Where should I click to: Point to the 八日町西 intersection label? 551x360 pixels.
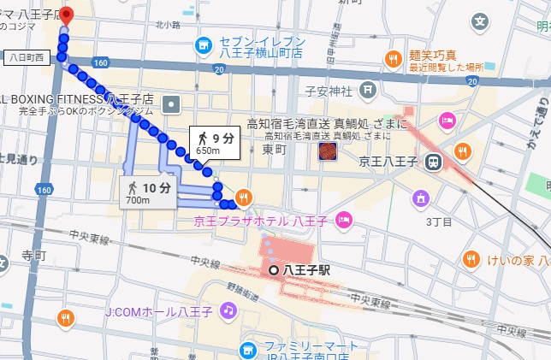click(x=28, y=57)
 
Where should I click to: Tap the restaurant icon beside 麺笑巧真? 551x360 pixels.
click(x=393, y=59)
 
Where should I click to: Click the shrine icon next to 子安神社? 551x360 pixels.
click(x=367, y=88)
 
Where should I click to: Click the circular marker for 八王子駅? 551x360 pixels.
click(x=274, y=269)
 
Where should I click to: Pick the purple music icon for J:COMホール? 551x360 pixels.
click(x=228, y=311)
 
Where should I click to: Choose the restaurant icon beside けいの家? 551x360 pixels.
click(x=471, y=258)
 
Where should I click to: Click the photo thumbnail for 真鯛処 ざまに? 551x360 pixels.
click(x=327, y=151)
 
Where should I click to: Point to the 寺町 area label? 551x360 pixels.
click(x=33, y=255)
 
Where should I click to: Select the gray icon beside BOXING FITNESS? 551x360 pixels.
click(x=172, y=103)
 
